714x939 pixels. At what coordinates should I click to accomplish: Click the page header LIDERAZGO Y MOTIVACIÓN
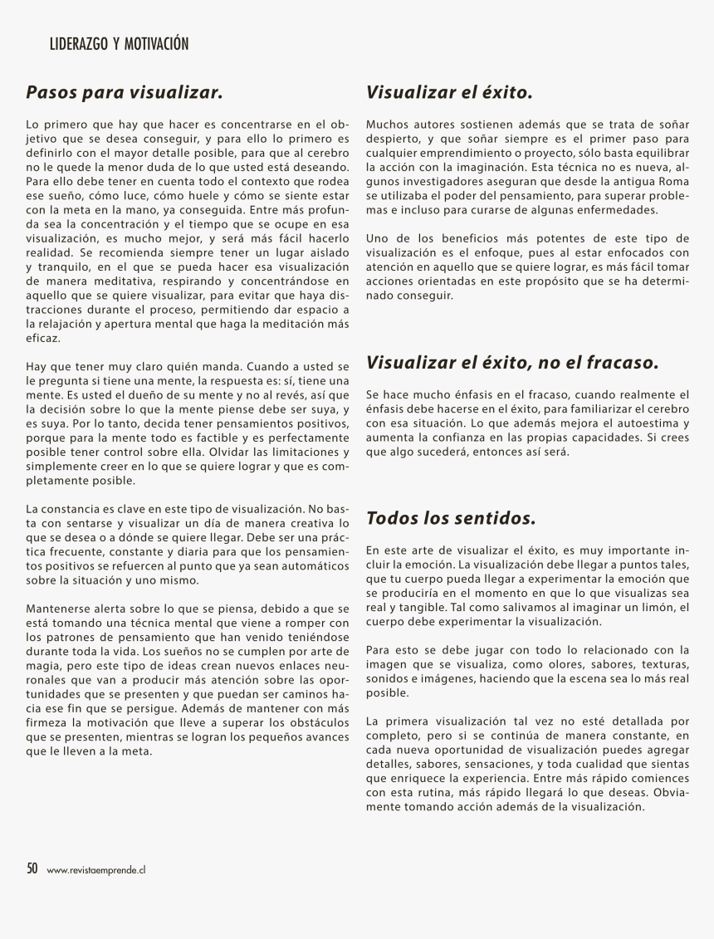[x=120, y=44]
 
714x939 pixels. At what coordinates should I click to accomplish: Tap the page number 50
[x=32, y=868]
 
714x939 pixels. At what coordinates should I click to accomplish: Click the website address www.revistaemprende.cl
[x=97, y=870]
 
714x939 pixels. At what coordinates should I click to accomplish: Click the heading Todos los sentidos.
[x=451, y=519]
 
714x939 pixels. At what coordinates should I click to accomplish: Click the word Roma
[x=673, y=181]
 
